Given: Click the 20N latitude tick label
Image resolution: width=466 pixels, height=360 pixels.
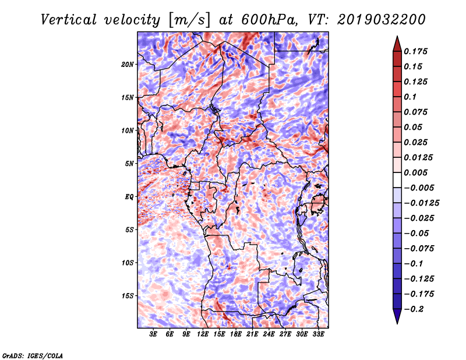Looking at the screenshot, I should point(128,64).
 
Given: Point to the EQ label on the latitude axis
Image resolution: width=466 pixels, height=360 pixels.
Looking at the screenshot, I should point(130,197).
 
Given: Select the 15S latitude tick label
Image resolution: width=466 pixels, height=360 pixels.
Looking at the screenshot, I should point(128,296).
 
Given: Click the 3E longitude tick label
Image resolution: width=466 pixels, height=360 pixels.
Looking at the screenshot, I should point(154,334).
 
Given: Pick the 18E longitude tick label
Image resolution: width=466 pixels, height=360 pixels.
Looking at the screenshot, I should point(236,334).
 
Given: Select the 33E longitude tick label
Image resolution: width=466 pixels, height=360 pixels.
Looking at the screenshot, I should point(318,334).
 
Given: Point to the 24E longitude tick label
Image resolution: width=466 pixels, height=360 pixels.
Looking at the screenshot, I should point(269,334).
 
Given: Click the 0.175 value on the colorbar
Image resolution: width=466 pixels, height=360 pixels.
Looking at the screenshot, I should point(416,51).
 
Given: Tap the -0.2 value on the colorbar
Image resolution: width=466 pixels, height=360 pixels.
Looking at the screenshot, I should point(414,309).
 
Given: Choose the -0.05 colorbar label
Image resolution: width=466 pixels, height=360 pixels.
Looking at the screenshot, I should point(416,233).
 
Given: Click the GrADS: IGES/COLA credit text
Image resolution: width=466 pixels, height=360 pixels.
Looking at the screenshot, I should point(32,355).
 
